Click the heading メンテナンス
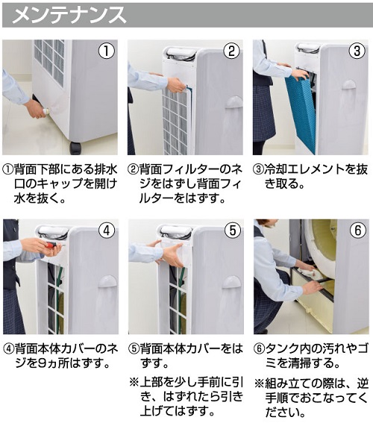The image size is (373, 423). pyautogui.click(x=69, y=16)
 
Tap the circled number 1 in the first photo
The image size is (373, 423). pyautogui.click(x=107, y=51)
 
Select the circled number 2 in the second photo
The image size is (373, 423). pyautogui.click(x=232, y=51)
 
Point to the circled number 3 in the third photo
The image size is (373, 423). pyautogui.click(x=357, y=51)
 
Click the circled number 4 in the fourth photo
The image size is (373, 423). pyautogui.click(x=107, y=231)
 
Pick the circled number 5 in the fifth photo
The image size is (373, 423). pyautogui.click(x=233, y=231)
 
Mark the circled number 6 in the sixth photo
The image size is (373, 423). pyautogui.click(x=358, y=231)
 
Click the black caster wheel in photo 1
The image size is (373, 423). pyautogui.click(x=75, y=148)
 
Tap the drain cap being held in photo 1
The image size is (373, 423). pyautogui.click(x=46, y=111)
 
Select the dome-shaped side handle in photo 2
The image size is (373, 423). pyautogui.click(x=233, y=102)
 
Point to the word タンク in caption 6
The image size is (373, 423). pyautogui.click(x=283, y=349)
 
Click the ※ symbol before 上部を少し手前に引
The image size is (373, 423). pyautogui.click(x=134, y=382)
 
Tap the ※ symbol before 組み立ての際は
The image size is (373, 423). pyautogui.click(x=259, y=383)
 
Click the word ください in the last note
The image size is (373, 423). pyautogui.click(x=285, y=413)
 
